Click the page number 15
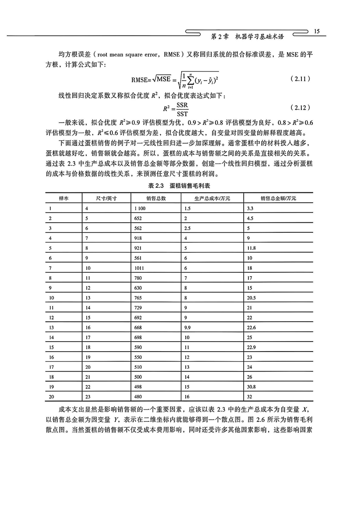pos(316,31)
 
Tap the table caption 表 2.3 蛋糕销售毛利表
pos(180,186)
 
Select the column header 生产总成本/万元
pos(200,198)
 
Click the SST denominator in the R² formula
pos(183,112)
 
